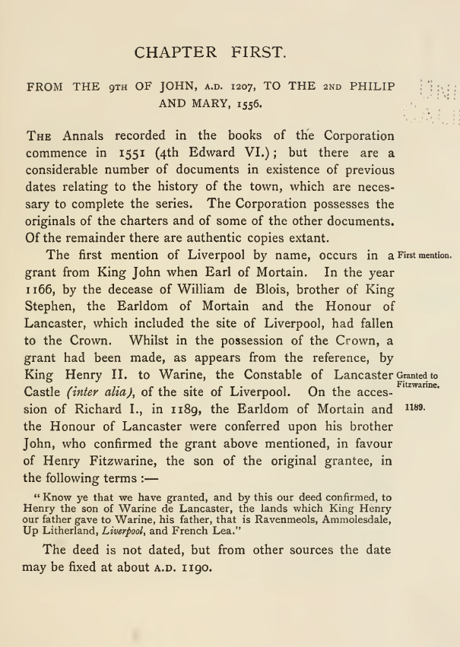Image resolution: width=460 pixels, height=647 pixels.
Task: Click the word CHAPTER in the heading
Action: [173, 53]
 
